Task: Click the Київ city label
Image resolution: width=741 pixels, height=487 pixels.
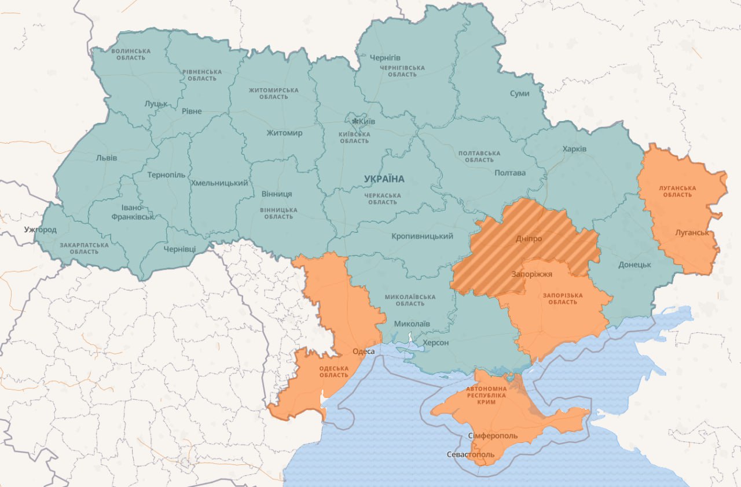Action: click(x=367, y=122)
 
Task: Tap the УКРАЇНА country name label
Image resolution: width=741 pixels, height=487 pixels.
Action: click(x=384, y=179)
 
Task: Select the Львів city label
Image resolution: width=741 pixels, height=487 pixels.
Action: click(x=107, y=158)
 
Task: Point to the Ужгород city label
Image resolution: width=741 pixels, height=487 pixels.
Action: click(x=41, y=230)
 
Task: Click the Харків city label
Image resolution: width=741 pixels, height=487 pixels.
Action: click(x=574, y=149)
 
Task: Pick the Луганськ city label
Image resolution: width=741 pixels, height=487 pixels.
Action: click(x=692, y=232)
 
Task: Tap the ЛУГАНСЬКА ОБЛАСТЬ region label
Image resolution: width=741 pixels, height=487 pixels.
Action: click(x=677, y=191)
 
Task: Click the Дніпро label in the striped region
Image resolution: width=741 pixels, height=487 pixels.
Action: click(x=529, y=238)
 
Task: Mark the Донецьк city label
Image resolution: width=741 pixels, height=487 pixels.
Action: click(x=634, y=264)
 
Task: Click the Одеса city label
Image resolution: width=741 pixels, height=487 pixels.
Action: click(x=364, y=351)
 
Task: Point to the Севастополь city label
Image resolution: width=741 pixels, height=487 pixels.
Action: click(x=471, y=455)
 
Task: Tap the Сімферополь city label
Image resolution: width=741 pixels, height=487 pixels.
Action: click(x=492, y=436)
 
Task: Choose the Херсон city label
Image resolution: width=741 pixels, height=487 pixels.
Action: click(x=436, y=343)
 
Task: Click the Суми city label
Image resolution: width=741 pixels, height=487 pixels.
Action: click(x=519, y=93)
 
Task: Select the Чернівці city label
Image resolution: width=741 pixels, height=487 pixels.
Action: click(x=179, y=249)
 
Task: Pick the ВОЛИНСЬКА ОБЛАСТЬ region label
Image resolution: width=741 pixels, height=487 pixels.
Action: click(x=130, y=54)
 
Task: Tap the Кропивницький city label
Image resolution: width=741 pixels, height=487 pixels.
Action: click(x=422, y=236)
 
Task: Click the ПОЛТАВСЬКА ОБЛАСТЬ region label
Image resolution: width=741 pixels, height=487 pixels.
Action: click(x=479, y=156)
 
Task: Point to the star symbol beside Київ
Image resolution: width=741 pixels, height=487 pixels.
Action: click(x=355, y=121)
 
